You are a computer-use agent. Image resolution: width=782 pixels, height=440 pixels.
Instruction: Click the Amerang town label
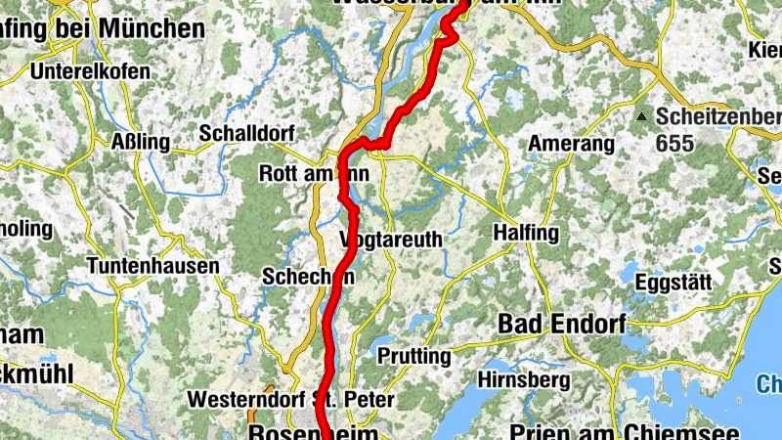572,144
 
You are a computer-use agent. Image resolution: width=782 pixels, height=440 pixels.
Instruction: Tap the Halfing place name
526,233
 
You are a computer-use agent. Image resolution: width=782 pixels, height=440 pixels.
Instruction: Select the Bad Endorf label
560,322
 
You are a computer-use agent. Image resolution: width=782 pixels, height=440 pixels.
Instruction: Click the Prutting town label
413,355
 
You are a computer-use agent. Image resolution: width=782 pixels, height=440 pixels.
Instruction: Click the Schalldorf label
239,133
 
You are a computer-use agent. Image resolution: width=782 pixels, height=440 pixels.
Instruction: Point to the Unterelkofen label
90,71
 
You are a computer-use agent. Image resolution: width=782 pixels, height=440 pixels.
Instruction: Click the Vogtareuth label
391,240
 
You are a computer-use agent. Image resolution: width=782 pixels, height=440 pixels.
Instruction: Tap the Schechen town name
307,277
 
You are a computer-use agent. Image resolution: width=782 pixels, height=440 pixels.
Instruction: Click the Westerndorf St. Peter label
290,399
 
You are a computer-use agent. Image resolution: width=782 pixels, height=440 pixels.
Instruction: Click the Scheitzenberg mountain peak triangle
641,116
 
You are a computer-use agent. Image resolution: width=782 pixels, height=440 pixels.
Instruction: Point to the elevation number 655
674,144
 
